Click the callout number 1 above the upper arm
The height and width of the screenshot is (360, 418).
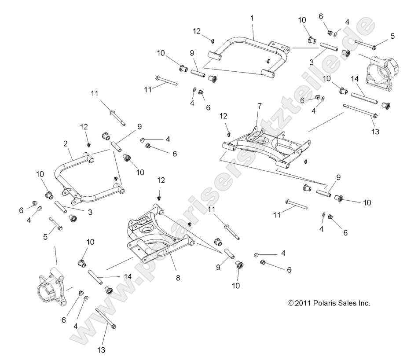click(x=252, y=18)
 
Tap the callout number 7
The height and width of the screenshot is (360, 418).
click(x=259, y=106)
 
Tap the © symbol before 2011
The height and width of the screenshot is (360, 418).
click(x=290, y=303)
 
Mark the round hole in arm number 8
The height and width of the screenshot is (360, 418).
click(x=145, y=230)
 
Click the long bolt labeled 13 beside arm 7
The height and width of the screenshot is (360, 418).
click(x=359, y=111)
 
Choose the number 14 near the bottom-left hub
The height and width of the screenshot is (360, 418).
click(x=128, y=277)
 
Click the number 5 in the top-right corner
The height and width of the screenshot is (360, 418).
click(x=392, y=36)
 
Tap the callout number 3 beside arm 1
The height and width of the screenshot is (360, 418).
click(x=312, y=62)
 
